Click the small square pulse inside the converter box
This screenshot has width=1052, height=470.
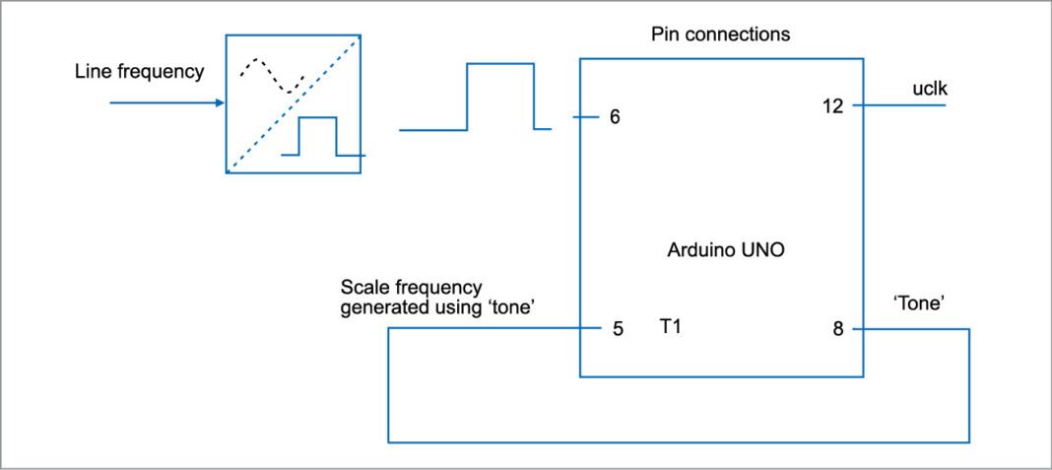(x=318, y=136)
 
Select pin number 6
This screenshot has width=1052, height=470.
(x=615, y=117)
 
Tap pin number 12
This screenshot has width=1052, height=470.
(x=832, y=106)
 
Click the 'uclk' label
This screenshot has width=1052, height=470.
(x=930, y=91)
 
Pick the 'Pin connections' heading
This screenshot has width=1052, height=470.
(x=720, y=34)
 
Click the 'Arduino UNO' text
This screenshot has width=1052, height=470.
(x=720, y=250)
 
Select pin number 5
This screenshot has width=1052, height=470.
(x=618, y=329)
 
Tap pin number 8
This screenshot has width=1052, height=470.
(x=838, y=329)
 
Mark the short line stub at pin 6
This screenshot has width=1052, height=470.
(x=586, y=117)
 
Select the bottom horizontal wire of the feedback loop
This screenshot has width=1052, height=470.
(x=680, y=441)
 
